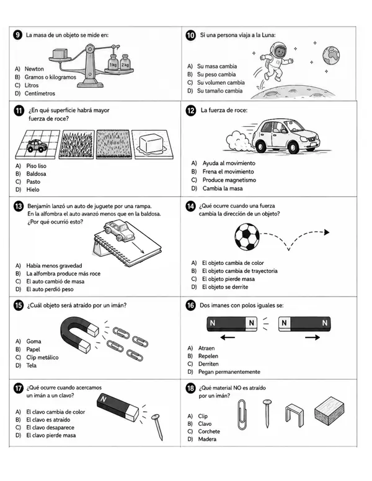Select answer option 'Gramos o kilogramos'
point(50,77)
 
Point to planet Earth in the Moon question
point(331,55)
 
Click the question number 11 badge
point(19,110)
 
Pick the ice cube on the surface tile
point(151,143)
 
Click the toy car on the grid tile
point(37,145)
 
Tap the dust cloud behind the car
point(239,141)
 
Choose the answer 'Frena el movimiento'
point(228,171)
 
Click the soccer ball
point(247,236)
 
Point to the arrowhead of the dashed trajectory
point(327,232)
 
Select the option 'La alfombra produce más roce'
point(63,274)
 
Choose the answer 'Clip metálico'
point(42,357)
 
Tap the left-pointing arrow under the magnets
point(228,338)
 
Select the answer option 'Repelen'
point(208,356)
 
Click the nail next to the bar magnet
point(157,427)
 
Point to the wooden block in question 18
point(329,411)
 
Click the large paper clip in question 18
point(242,415)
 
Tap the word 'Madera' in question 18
point(207,439)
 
